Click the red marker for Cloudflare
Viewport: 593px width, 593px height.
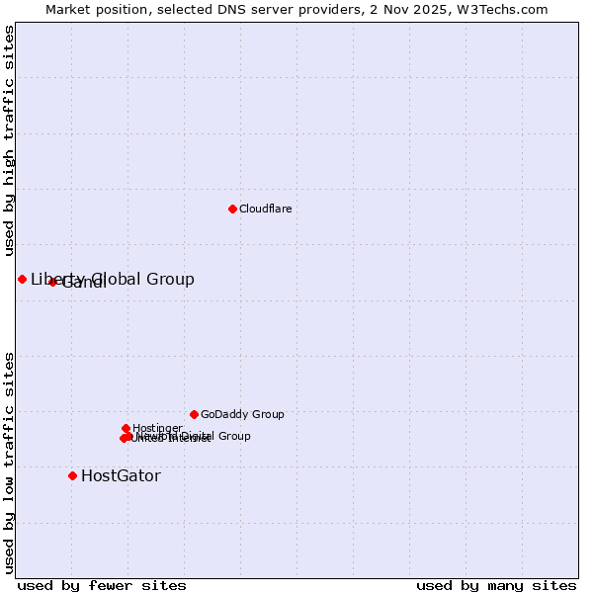[232, 209]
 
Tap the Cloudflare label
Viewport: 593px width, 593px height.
[265, 209]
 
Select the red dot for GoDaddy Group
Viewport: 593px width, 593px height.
[194, 414]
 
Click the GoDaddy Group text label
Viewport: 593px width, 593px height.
[242, 414]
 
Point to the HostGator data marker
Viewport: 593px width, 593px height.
[72, 475]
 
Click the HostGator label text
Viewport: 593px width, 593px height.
[121, 475]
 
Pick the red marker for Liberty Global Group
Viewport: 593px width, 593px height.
[22, 279]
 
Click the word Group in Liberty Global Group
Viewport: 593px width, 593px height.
[170, 279]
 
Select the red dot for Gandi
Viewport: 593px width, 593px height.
[52, 282]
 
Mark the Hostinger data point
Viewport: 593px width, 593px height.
[126, 428]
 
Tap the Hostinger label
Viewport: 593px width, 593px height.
[157, 428]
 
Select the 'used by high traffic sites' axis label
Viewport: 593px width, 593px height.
[9, 140]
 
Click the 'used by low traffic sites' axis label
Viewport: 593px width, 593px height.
[9, 463]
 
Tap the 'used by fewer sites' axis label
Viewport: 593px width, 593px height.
[102, 585]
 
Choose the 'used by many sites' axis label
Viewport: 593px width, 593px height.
[496, 585]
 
